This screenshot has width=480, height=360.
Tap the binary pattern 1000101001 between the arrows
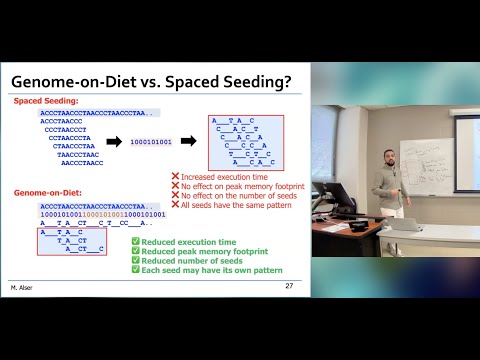point(151,143)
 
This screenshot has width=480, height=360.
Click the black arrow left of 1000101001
point(114,143)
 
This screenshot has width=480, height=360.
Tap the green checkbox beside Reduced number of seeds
point(136,261)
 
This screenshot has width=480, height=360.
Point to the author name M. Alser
point(23,286)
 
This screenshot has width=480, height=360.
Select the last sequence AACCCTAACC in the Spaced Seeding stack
point(80,162)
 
